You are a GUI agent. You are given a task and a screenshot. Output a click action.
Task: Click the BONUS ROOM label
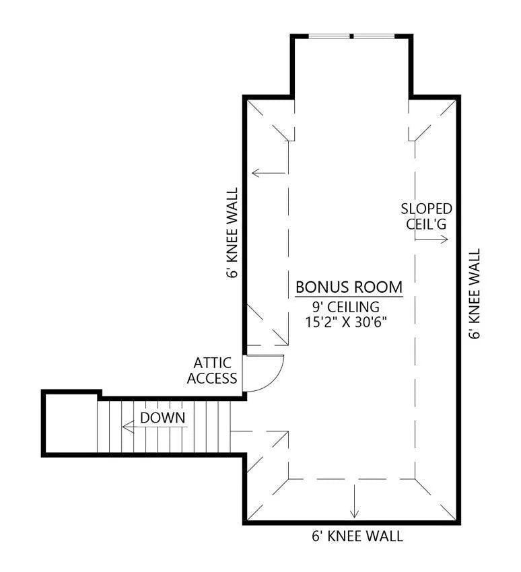pos(349,287)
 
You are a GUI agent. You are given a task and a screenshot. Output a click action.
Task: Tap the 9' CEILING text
pos(346,307)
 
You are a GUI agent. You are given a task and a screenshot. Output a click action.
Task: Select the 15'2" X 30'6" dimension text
pos(346,322)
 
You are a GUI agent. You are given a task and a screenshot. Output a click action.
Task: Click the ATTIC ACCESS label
pos(212,371)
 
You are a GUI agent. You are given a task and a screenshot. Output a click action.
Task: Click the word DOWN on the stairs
pos(163,418)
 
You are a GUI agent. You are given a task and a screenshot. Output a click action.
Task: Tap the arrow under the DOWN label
pos(154,427)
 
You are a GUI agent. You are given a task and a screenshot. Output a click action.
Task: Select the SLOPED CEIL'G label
pos(427,216)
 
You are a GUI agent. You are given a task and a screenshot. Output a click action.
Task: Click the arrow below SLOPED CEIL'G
pos(431,240)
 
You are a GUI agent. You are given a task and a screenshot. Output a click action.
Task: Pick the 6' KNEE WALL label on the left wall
pos(232,233)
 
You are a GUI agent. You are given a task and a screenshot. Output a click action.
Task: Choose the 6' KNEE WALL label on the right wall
pos(475,294)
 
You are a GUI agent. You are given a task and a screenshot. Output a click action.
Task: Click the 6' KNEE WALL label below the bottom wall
pos(357,536)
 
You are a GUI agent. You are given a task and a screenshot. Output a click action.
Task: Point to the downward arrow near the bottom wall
pos(354,501)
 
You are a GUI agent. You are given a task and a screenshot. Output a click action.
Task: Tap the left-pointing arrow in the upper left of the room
pos(269,172)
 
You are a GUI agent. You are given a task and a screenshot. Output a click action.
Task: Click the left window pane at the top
pos(329,36)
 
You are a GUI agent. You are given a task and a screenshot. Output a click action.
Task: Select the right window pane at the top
pos(374,36)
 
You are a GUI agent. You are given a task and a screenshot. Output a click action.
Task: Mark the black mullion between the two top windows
pos(352,36)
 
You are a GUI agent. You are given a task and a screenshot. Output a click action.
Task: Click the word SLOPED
pos(427,209)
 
